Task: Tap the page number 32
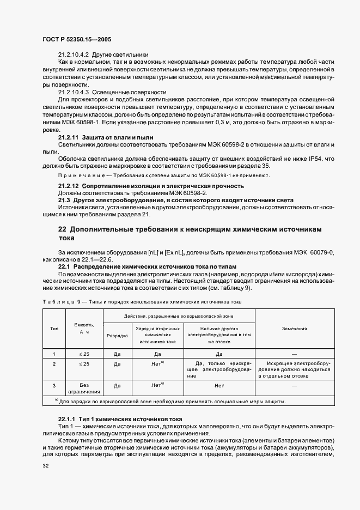[x=46, y=466]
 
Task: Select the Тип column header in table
[x=54, y=329]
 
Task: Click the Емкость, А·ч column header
[x=84, y=329]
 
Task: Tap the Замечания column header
[x=294, y=329]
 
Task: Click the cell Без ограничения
[x=84, y=388]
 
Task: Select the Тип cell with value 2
[x=54, y=363]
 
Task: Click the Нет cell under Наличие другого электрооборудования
[x=219, y=385]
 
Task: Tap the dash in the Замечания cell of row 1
[x=294, y=354]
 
